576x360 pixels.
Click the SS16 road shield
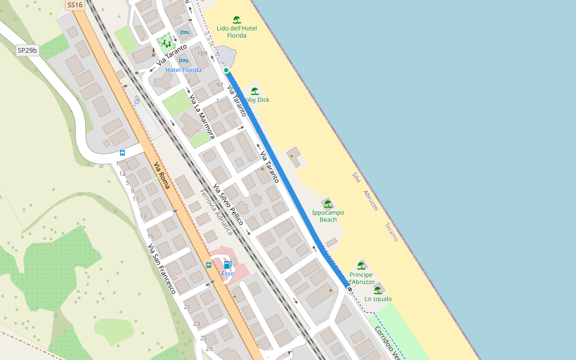click(x=74, y=5)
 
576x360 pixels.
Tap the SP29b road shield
click(x=27, y=51)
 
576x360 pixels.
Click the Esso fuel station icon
click(x=227, y=265)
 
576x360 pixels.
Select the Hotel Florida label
click(x=183, y=70)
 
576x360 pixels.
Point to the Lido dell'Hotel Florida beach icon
click(x=237, y=20)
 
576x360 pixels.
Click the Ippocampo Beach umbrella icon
click(x=328, y=204)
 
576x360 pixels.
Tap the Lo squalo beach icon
click(x=378, y=290)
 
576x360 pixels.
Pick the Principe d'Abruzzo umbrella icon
click(x=361, y=266)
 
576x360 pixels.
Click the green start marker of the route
click(x=226, y=71)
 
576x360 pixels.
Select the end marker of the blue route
click(x=350, y=290)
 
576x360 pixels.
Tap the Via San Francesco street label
click(x=161, y=268)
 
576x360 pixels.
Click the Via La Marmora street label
click(x=202, y=116)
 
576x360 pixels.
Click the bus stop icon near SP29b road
click(x=122, y=153)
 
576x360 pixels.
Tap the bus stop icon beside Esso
click(x=209, y=265)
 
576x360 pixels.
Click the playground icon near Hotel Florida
click(x=167, y=43)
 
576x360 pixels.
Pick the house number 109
click(x=202, y=54)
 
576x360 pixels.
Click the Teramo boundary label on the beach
click(x=391, y=232)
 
